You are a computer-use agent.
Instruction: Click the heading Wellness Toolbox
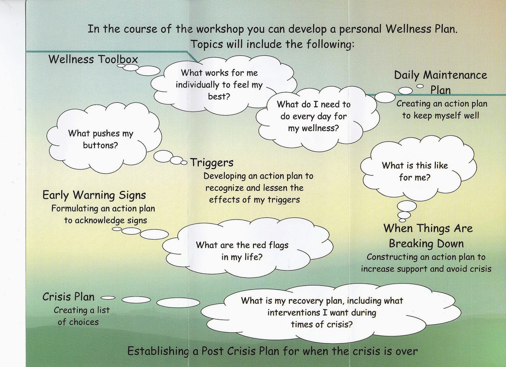pyautogui.click(x=93, y=59)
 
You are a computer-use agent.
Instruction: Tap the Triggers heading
pyautogui.click(x=212, y=162)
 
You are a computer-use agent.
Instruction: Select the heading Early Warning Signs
pyautogui.click(x=94, y=195)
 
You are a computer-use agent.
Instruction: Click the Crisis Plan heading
pyautogui.click(x=68, y=297)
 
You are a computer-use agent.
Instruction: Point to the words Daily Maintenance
pyautogui.click(x=441, y=75)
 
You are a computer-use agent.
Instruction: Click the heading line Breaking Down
pyautogui.click(x=426, y=243)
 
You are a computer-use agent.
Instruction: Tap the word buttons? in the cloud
pyautogui.click(x=100, y=145)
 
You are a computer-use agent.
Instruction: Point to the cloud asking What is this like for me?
pyautogui.click(x=415, y=171)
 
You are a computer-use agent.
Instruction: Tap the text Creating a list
pyautogui.click(x=82, y=310)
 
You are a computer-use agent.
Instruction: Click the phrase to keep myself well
pyautogui.click(x=441, y=115)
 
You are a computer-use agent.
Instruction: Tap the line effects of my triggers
pyautogui.click(x=254, y=199)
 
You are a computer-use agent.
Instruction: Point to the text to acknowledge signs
pyautogui.click(x=106, y=220)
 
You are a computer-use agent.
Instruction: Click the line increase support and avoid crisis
pyautogui.click(x=426, y=269)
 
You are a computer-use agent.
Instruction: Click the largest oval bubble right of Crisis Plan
pyautogui.click(x=178, y=303)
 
